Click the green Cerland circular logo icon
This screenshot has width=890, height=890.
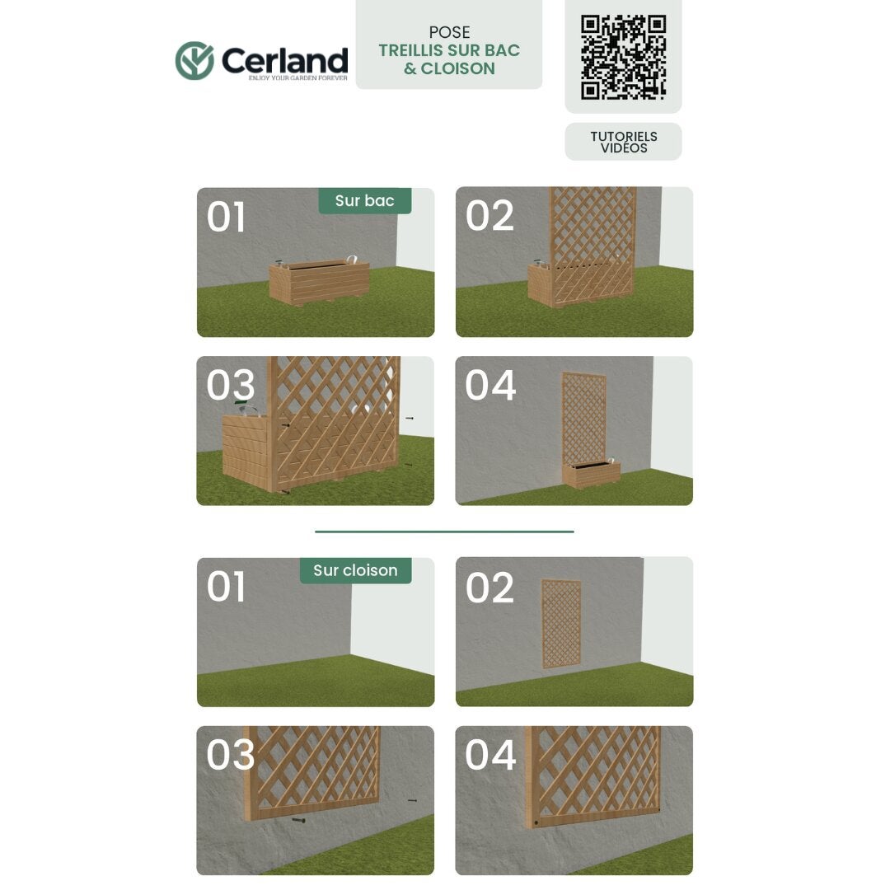pyautogui.click(x=194, y=60)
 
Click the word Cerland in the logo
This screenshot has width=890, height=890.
pyautogui.click(x=284, y=59)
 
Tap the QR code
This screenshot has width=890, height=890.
pyautogui.click(x=623, y=57)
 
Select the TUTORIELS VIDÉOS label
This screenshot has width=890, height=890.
pyautogui.click(x=624, y=142)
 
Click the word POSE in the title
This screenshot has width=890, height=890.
pyautogui.click(x=449, y=32)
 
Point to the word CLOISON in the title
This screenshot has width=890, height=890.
pyautogui.click(x=457, y=68)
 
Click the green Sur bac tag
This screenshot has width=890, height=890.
pyautogui.click(x=365, y=200)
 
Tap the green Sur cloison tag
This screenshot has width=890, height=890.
pyautogui.click(x=355, y=570)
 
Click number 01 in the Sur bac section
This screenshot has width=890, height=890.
pyautogui.click(x=226, y=217)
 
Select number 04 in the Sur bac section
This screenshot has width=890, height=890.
pyautogui.click(x=490, y=386)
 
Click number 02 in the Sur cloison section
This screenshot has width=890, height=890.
pyautogui.click(x=489, y=588)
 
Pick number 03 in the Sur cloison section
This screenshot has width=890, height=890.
pyautogui.click(x=231, y=755)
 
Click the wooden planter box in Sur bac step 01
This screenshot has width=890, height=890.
pyautogui.click(x=319, y=282)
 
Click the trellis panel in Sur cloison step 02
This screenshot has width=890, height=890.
pyautogui.click(x=561, y=624)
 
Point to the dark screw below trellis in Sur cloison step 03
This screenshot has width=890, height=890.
pyautogui.click(x=298, y=820)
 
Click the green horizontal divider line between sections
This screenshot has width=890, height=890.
pyautogui.click(x=444, y=532)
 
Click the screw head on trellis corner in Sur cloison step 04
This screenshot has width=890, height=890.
pyautogui.click(x=536, y=822)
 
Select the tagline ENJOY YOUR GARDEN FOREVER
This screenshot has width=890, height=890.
pyautogui.click(x=298, y=77)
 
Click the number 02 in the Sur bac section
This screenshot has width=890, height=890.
pyautogui.click(x=489, y=216)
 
